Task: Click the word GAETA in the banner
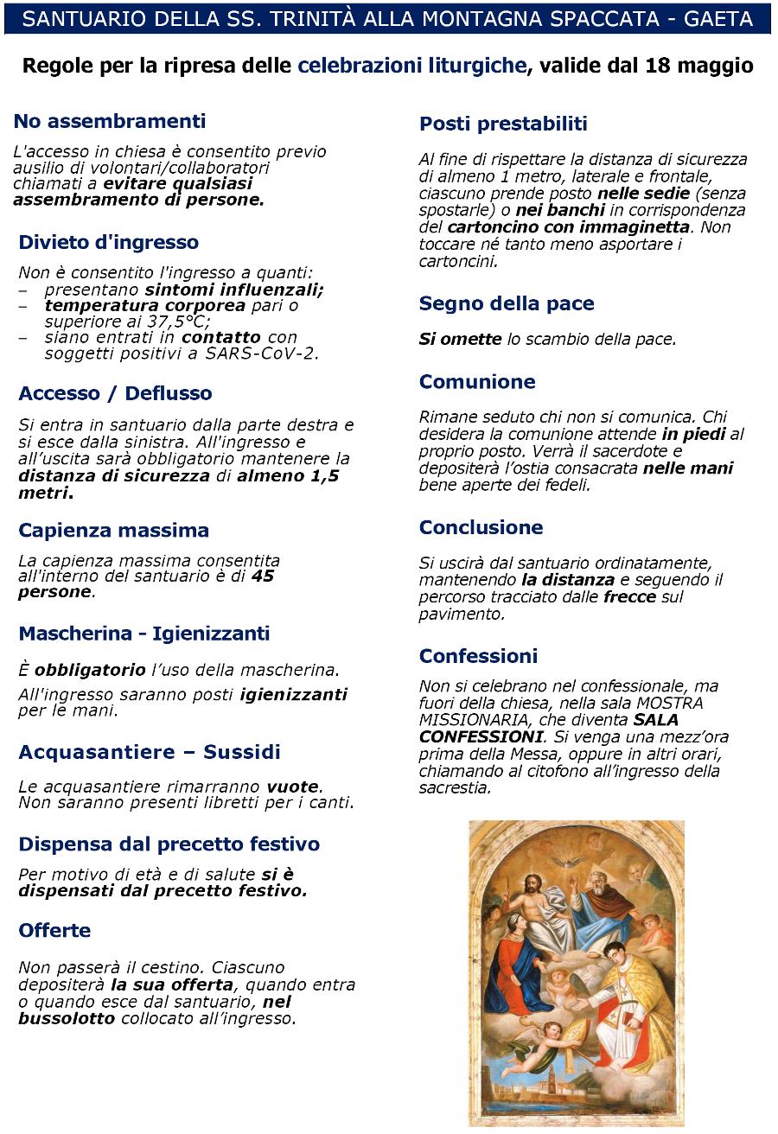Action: click(x=718, y=18)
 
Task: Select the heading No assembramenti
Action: click(x=110, y=121)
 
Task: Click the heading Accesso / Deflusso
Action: click(x=115, y=393)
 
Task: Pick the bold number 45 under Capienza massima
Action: click(x=263, y=576)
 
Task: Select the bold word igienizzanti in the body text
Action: click(x=293, y=694)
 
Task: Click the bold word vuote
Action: click(x=293, y=787)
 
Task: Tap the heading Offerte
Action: click(x=54, y=930)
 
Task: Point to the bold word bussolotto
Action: click(x=67, y=1018)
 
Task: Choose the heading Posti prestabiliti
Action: click(x=503, y=124)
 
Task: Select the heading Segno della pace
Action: click(x=507, y=303)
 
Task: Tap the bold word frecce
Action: click(x=629, y=596)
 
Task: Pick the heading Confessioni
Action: click(x=478, y=655)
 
